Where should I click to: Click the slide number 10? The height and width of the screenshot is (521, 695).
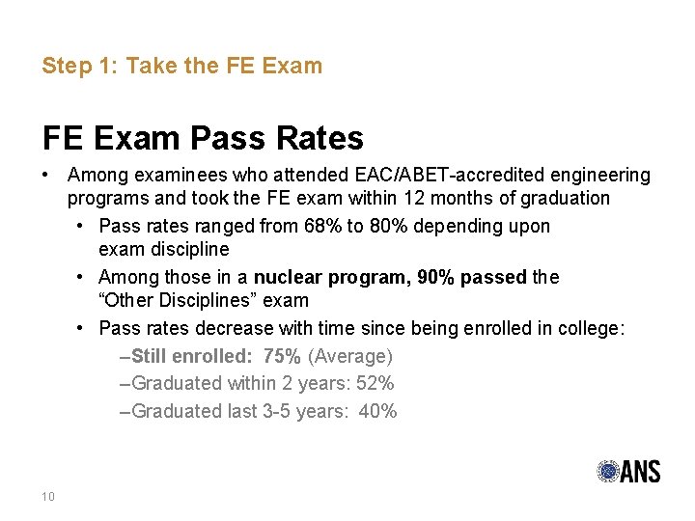48,497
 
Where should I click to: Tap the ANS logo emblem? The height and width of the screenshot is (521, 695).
609,472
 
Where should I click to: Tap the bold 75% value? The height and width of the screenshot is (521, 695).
282,356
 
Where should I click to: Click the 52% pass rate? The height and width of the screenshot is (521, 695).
375,383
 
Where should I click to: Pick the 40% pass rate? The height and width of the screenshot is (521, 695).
377,411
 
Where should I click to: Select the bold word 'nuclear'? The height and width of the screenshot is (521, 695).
288,277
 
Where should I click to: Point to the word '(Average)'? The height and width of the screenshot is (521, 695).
349,356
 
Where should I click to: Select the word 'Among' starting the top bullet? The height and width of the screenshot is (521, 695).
96,176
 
